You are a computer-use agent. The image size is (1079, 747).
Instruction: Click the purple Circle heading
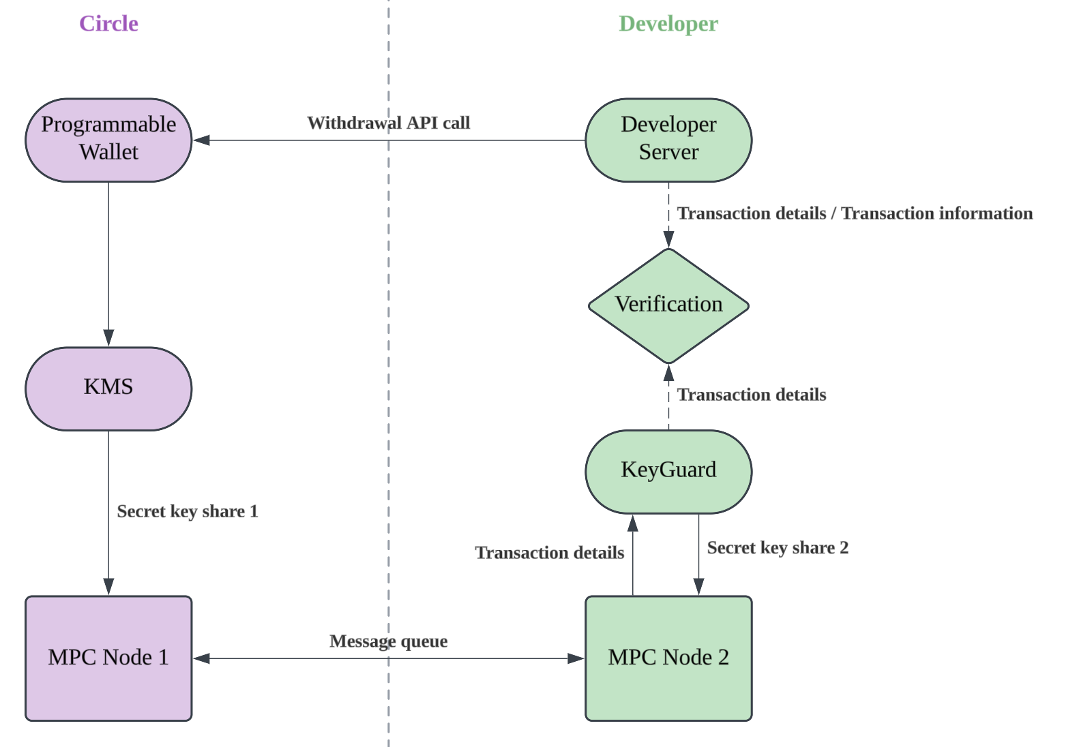[x=108, y=24]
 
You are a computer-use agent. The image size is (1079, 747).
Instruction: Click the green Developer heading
[x=668, y=24]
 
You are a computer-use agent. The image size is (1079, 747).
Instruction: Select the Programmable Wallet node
[x=108, y=140]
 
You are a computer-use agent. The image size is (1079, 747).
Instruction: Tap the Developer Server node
[x=668, y=140]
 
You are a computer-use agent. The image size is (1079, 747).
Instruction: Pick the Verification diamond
[x=668, y=305]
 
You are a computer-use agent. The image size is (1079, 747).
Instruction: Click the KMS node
[x=108, y=388]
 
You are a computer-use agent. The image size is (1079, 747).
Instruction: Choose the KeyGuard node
[x=668, y=471]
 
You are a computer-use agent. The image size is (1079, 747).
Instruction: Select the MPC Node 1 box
[x=108, y=658]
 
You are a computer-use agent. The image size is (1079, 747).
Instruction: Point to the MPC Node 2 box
[x=668, y=658]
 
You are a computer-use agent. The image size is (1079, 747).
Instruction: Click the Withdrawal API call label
[x=388, y=123]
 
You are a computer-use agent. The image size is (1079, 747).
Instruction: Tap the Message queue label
[x=388, y=641]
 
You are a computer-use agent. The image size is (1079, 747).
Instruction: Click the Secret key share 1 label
[x=188, y=511]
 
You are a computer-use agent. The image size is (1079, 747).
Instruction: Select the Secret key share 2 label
[x=778, y=548]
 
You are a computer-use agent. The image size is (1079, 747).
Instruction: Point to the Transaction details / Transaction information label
[x=855, y=213]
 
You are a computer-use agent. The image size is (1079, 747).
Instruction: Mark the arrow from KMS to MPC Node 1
[x=108, y=477]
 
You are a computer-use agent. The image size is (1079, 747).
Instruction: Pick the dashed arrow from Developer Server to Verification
[x=668, y=211]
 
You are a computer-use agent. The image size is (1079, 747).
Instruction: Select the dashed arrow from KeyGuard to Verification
[x=668, y=402]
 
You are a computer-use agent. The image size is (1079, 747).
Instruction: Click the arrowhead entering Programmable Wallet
[x=202, y=140]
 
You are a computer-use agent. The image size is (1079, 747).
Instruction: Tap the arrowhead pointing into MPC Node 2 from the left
[x=576, y=658]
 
